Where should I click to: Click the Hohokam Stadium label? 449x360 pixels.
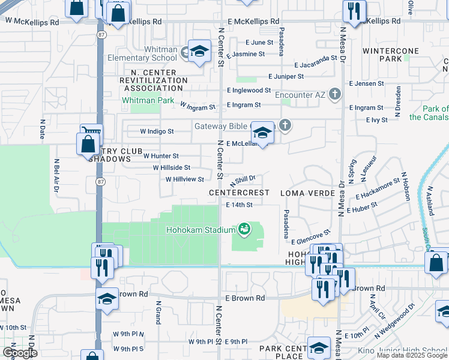pos(200,229)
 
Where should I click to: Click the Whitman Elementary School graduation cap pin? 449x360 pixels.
pos(199,52)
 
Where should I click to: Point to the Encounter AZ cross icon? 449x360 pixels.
pos(335,95)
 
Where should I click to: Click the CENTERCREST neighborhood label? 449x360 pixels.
pos(238,193)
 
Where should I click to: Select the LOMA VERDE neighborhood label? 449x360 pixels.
pos(307,193)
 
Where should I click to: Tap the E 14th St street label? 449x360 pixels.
pos(240,205)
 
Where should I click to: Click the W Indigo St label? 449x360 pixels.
pos(157,131)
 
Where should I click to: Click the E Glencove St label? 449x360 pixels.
pos(311,236)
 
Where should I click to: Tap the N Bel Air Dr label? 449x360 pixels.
pos(56,174)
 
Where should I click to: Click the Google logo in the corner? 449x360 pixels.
pos(19,353)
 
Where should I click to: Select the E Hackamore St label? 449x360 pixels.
pos(378,188)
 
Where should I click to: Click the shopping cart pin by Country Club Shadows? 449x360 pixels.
pos(92,133)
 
